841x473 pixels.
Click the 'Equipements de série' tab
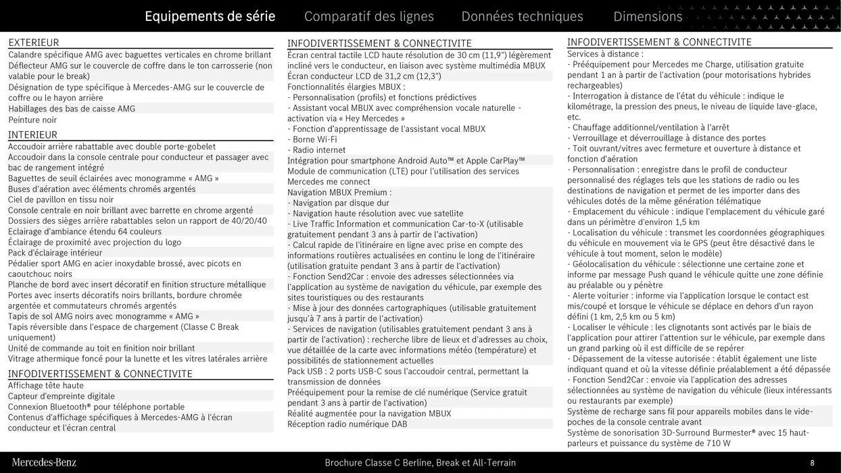pos(210,16)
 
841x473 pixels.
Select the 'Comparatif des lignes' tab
pos(368,16)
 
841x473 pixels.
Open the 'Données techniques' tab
pos(522,16)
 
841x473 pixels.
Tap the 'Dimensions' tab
pos(648,16)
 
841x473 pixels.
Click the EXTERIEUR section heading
pos(34,43)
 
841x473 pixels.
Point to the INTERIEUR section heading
pos(32,135)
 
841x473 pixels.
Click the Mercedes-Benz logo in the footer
pos(44,463)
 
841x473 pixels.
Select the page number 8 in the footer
pos(812,463)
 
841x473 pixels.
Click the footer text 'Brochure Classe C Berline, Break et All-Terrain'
pos(420,463)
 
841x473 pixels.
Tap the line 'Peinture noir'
pos(32,120)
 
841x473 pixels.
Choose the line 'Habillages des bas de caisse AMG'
pos(72,109)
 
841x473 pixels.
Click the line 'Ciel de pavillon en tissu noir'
pos(61,199)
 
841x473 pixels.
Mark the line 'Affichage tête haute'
pos(46,386)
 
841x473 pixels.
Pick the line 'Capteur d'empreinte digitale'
pos(62,397)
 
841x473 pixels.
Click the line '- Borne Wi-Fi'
pos(312,140)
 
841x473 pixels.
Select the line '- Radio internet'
pos(316,150)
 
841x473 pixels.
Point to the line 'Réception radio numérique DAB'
pos(347,424)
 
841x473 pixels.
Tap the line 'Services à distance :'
pos(605,54)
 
